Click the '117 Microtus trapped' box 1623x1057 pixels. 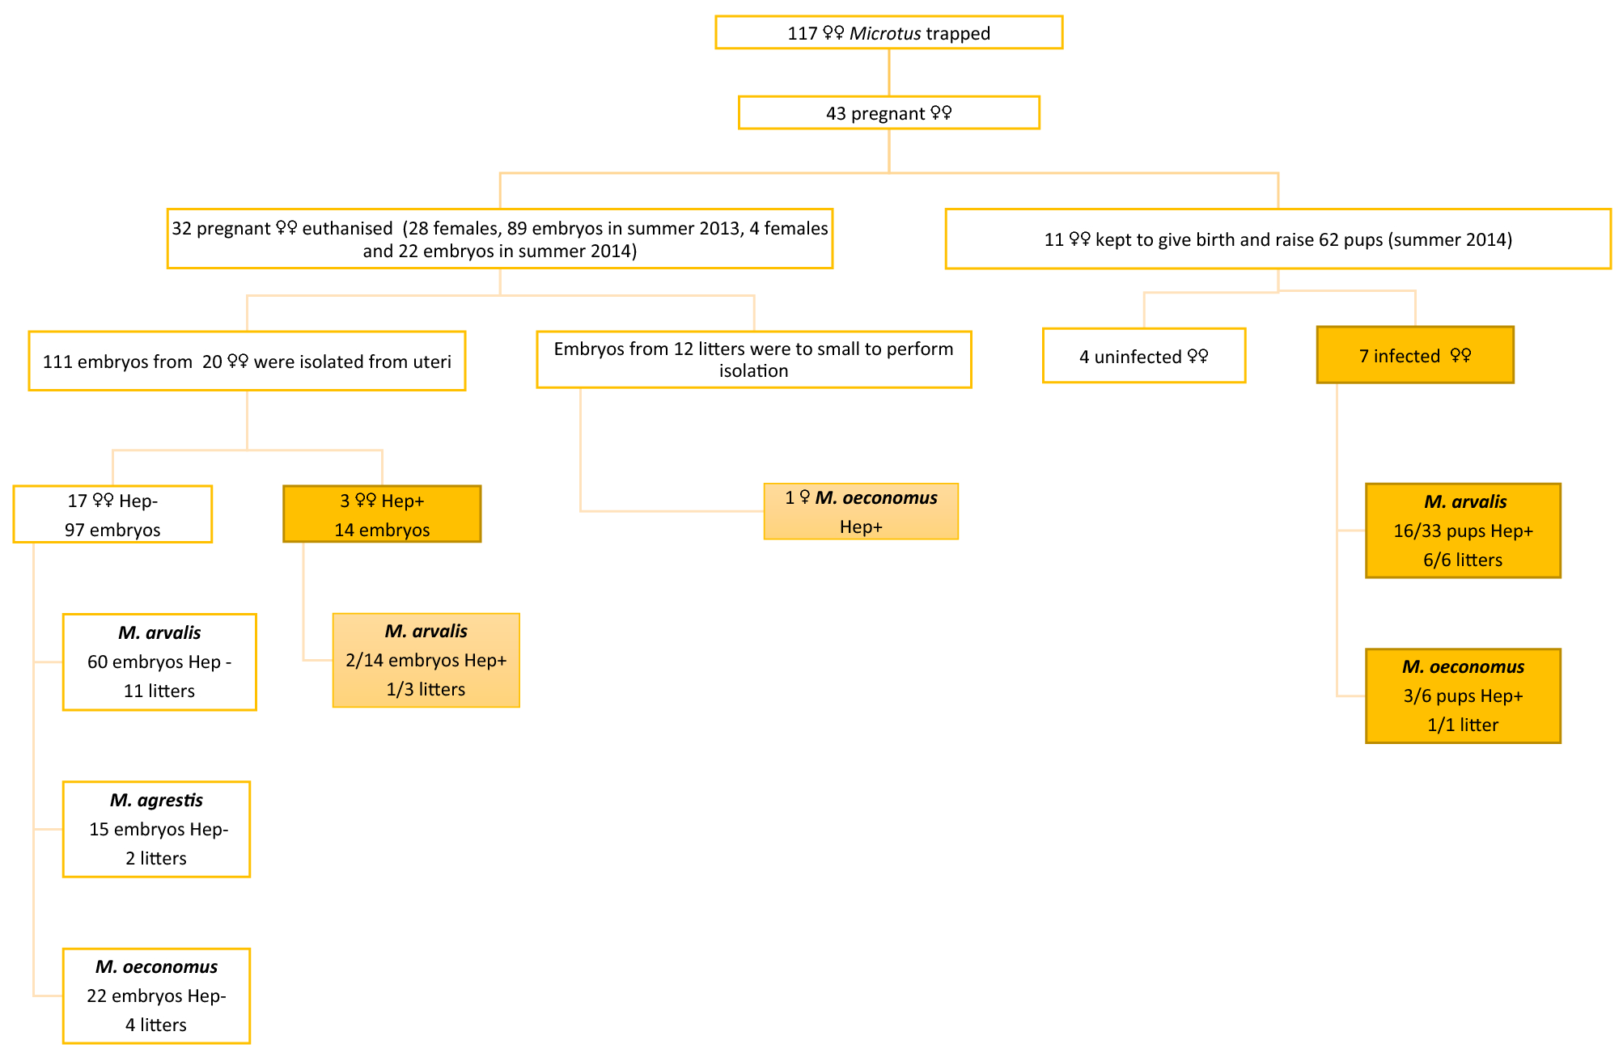pyautogui.click(x=888, y=33)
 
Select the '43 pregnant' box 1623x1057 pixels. pyautogui.click(x=888, y=113)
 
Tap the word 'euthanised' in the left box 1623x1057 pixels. pyautogui.click(x=347, y=229)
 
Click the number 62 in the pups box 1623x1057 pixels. pyautogui.click(x=1328, y=240)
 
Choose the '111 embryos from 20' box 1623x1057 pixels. pyautogui.click(x=247, y=361)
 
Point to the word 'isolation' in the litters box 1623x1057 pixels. pyautogui.click(x=753, y=371)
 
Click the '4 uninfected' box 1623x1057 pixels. pyautogui.click(x=1143, y=357)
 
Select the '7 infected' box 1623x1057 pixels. pyautogui.click(x=1414, y=356)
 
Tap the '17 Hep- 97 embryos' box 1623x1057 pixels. pyautogui.click(x=112, y=515)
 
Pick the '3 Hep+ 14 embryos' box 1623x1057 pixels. pyautogui.click(x=382, y=515)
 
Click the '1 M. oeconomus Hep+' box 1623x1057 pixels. pyautogui.click(x=861, y=512)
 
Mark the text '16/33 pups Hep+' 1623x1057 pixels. pyautogui.click(x=1463, y=531)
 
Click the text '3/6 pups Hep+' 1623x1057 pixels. pyautogui.click(x=1463, y=696)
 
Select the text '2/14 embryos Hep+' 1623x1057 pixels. pyautogui.click(x=426, y=661)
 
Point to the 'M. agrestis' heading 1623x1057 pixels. pyautogui.click(x=156, y=801)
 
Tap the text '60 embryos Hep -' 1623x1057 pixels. pyautogui.click(x=159, y=662)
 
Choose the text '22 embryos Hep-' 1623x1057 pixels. pyautogui.click(x=156, y=996)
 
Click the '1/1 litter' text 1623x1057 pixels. pyautogui.click(x=1463, y=725)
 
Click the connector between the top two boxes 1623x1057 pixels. pyautogui.click(x=889, y=73)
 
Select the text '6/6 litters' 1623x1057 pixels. pyautogui.click(x=1463, y=560)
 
